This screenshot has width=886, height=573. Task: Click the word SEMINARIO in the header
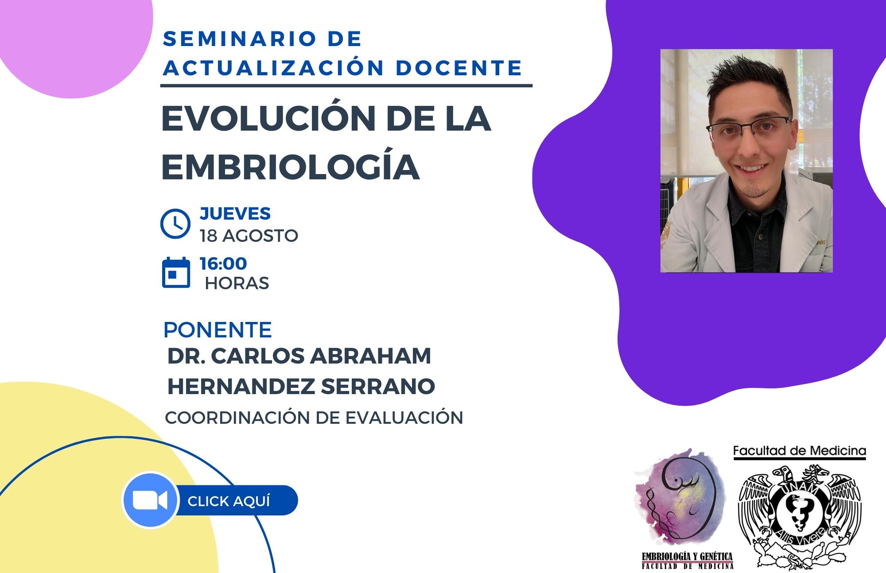click(x=233, y=39)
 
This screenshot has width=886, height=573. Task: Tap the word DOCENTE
click(x=459, y=68)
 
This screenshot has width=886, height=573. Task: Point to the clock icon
click(x=175, y=224)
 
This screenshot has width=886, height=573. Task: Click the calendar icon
click(x=176, y=272)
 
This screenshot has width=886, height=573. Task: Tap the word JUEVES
click(x=235, y=213)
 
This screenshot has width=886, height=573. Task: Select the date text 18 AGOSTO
click(x=249, y=236)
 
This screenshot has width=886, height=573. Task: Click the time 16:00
click(x=223, y=263)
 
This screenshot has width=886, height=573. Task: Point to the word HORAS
click(x=237, y=283)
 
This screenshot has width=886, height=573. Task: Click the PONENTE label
click(x=218, y=329)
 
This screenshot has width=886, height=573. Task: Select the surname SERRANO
click(x=378, y=386)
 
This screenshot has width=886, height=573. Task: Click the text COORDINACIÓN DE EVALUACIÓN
click(x=314, y=418)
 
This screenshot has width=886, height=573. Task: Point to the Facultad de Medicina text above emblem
click(x=800, y=451)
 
